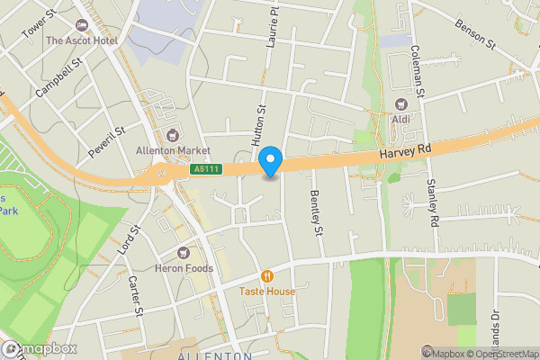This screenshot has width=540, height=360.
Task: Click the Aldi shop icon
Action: [x=400, y=104]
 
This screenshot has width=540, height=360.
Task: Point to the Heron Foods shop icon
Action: [x=184, y=253]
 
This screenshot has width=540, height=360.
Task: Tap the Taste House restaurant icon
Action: [x=266, y=276]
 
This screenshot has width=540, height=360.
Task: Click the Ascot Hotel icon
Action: [x=83, y=26]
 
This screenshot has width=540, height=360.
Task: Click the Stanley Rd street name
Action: [x=432, y=202]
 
